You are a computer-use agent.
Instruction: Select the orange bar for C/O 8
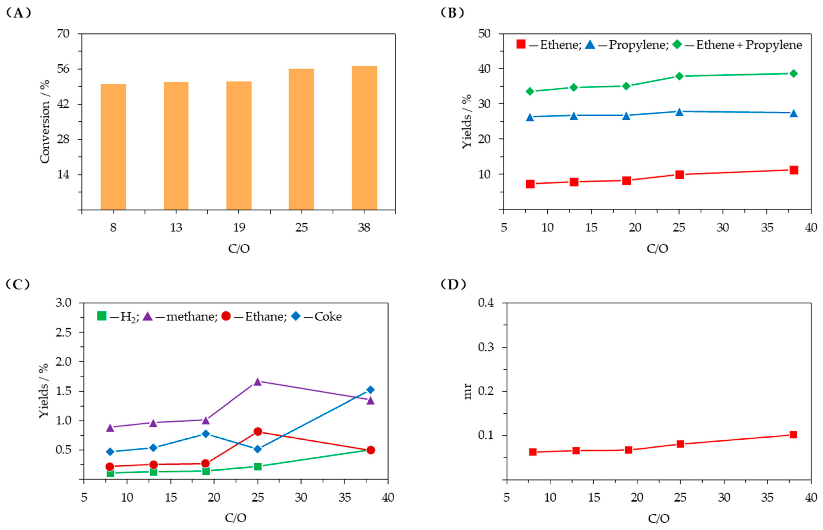coord(113,147)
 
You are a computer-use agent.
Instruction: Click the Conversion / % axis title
coord(45,121)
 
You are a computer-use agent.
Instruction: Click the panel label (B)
coord(452,13)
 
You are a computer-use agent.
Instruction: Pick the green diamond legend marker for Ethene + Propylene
coord(677,44)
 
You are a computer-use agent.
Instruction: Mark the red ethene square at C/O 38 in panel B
coord(793,170)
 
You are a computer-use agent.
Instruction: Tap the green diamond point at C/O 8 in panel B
coord(530,91)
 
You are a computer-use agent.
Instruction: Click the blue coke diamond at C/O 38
coord(370,390)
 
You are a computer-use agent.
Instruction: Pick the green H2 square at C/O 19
coord(206,471)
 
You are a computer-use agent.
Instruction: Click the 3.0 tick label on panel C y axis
coord(63,303)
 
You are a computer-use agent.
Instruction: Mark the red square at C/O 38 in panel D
coord(793,435)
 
